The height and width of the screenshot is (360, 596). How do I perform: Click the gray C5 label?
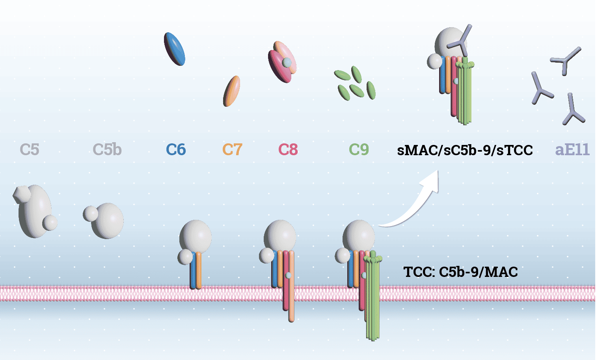click(x=30, y=150)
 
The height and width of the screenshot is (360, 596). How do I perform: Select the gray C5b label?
click(x=107, y=150)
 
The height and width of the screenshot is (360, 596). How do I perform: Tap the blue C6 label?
click(x=175, y=150)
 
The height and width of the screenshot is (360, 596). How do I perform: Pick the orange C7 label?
click(x=232, y=150)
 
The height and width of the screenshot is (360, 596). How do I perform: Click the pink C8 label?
click(x=288, y=150)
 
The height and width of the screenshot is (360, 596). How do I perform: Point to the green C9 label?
click(x=359, y=150)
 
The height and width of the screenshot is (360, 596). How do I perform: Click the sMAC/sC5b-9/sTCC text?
click(x=465, y=150)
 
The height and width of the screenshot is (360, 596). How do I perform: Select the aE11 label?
click(x=572, y=150)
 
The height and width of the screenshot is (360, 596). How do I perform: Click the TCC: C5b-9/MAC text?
click(x=460, y=272)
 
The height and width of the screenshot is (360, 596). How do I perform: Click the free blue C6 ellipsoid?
click(x=175, y=49)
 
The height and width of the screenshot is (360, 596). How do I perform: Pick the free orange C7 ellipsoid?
click(x=232, y=91)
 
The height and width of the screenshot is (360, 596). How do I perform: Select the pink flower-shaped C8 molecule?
click(x=282, y=62)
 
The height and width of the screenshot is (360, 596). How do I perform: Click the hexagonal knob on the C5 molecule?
click(x=22, y=194)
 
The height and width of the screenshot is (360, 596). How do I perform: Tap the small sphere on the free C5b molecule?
click(x=90, y=213)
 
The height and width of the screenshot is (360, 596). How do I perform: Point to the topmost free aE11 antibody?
click(x=566, y=60)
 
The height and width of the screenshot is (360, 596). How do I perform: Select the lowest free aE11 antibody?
click(x=572, y=111)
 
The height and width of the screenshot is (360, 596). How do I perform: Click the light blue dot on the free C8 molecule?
click(x=287, y=62)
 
